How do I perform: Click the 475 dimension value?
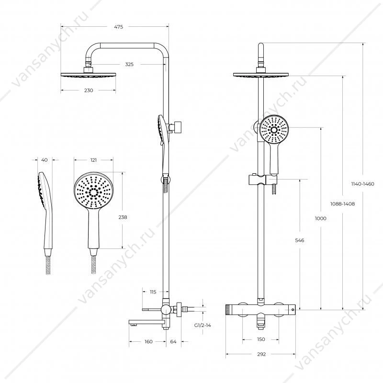118,27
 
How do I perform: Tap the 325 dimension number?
129,64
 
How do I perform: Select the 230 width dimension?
89,90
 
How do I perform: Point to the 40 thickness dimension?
45,160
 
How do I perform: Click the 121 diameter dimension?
93,160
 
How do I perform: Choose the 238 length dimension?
123,217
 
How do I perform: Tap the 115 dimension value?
153,292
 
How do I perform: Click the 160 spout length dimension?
148,341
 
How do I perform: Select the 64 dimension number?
173,341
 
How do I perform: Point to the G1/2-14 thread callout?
203,326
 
